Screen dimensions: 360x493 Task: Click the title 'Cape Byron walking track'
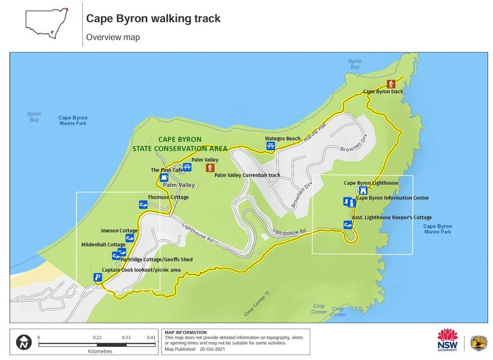click(153, 19)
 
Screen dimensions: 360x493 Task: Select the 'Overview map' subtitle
click(113, 37)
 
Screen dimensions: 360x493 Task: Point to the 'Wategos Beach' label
click(283, 139)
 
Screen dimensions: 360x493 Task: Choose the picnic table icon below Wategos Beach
click(270, 146)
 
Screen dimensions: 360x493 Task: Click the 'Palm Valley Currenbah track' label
click(247, 175)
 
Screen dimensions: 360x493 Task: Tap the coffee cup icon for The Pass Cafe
click(164, 178)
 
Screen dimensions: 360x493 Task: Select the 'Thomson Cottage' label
click(168, 197)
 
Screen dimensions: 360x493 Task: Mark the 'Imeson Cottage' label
click(119, 230)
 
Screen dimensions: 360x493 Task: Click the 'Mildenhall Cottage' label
click(103, 245)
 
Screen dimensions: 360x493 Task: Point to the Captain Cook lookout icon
click(97, 277)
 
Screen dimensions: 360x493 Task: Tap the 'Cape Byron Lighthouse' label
click(371, 182)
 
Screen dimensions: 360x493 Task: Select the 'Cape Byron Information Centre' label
click(393, 197)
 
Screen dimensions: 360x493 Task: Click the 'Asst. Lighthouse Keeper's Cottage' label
click(392, 218)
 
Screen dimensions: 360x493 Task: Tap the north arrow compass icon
click(24, 343)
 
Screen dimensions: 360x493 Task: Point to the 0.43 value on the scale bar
click(150, 337)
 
